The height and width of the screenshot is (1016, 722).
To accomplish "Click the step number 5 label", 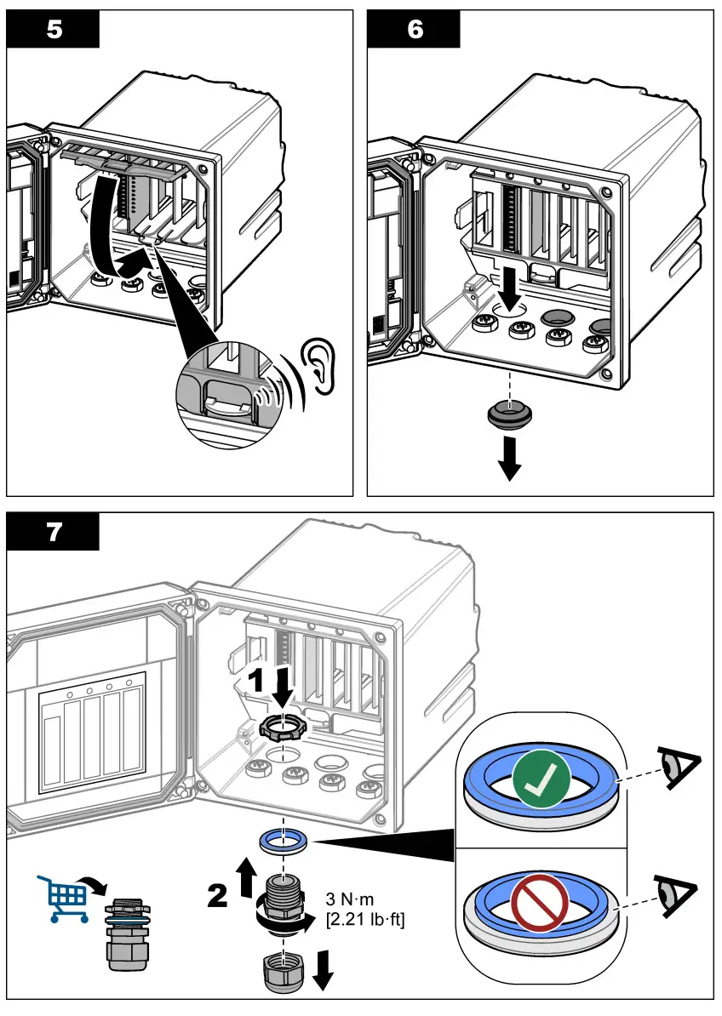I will tap(54, 29).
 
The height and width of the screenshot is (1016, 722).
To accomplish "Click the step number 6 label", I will tap(414, 29).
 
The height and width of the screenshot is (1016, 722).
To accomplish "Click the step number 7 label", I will tap(54, 532).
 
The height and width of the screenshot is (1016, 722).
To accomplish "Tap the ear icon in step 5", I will tap(320, 367).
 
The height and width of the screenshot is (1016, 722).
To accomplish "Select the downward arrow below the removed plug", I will tap(510, 459).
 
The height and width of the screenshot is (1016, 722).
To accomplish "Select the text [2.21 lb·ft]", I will tap(365, 919).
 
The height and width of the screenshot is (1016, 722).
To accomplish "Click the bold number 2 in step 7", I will tap(219, 896).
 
